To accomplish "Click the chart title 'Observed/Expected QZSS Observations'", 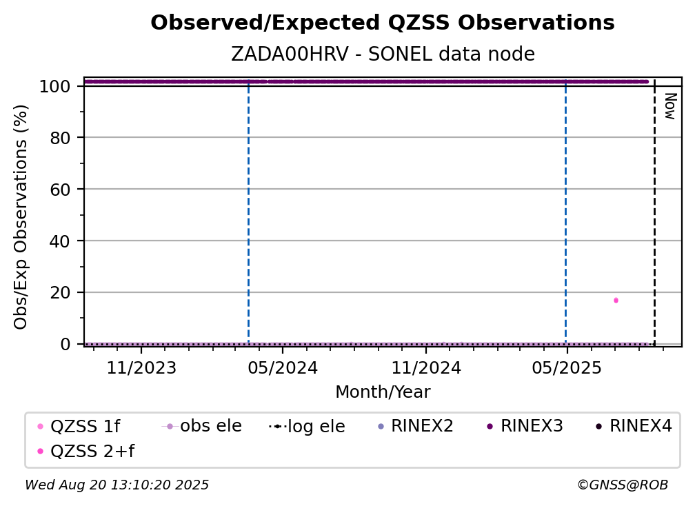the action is (383, 23).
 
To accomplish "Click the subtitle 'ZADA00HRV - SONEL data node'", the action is (383, 54).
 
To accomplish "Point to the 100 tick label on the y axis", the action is (55, 86).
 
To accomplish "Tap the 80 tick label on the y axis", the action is (60, 138).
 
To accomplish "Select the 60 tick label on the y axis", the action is (60, 189).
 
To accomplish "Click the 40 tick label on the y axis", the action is (60, 241).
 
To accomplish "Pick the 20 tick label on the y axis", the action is (60, 292).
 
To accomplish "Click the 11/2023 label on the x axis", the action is (141, 367).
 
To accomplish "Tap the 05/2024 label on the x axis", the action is (283, 367).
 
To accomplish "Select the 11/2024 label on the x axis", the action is (426, 367).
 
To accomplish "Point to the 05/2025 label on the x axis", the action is (567, 367).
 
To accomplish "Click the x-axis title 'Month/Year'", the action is (383, 392).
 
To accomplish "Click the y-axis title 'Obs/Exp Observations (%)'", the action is (21, 216).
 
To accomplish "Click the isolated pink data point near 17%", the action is (616, 301).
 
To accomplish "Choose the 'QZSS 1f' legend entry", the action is (79, 426).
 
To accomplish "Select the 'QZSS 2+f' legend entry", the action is (86, 451).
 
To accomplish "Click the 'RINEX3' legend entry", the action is (525, 426).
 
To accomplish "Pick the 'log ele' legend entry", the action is (307, 426).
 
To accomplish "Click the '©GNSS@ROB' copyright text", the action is (623, 485).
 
